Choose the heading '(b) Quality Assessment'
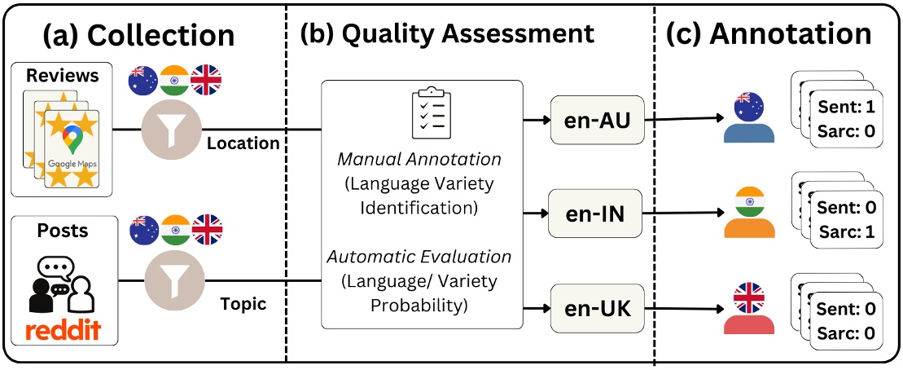pos(447,34)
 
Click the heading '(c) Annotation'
pos(769,34)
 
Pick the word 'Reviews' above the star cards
pos(62,75)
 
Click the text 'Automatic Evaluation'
pos(419,257)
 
